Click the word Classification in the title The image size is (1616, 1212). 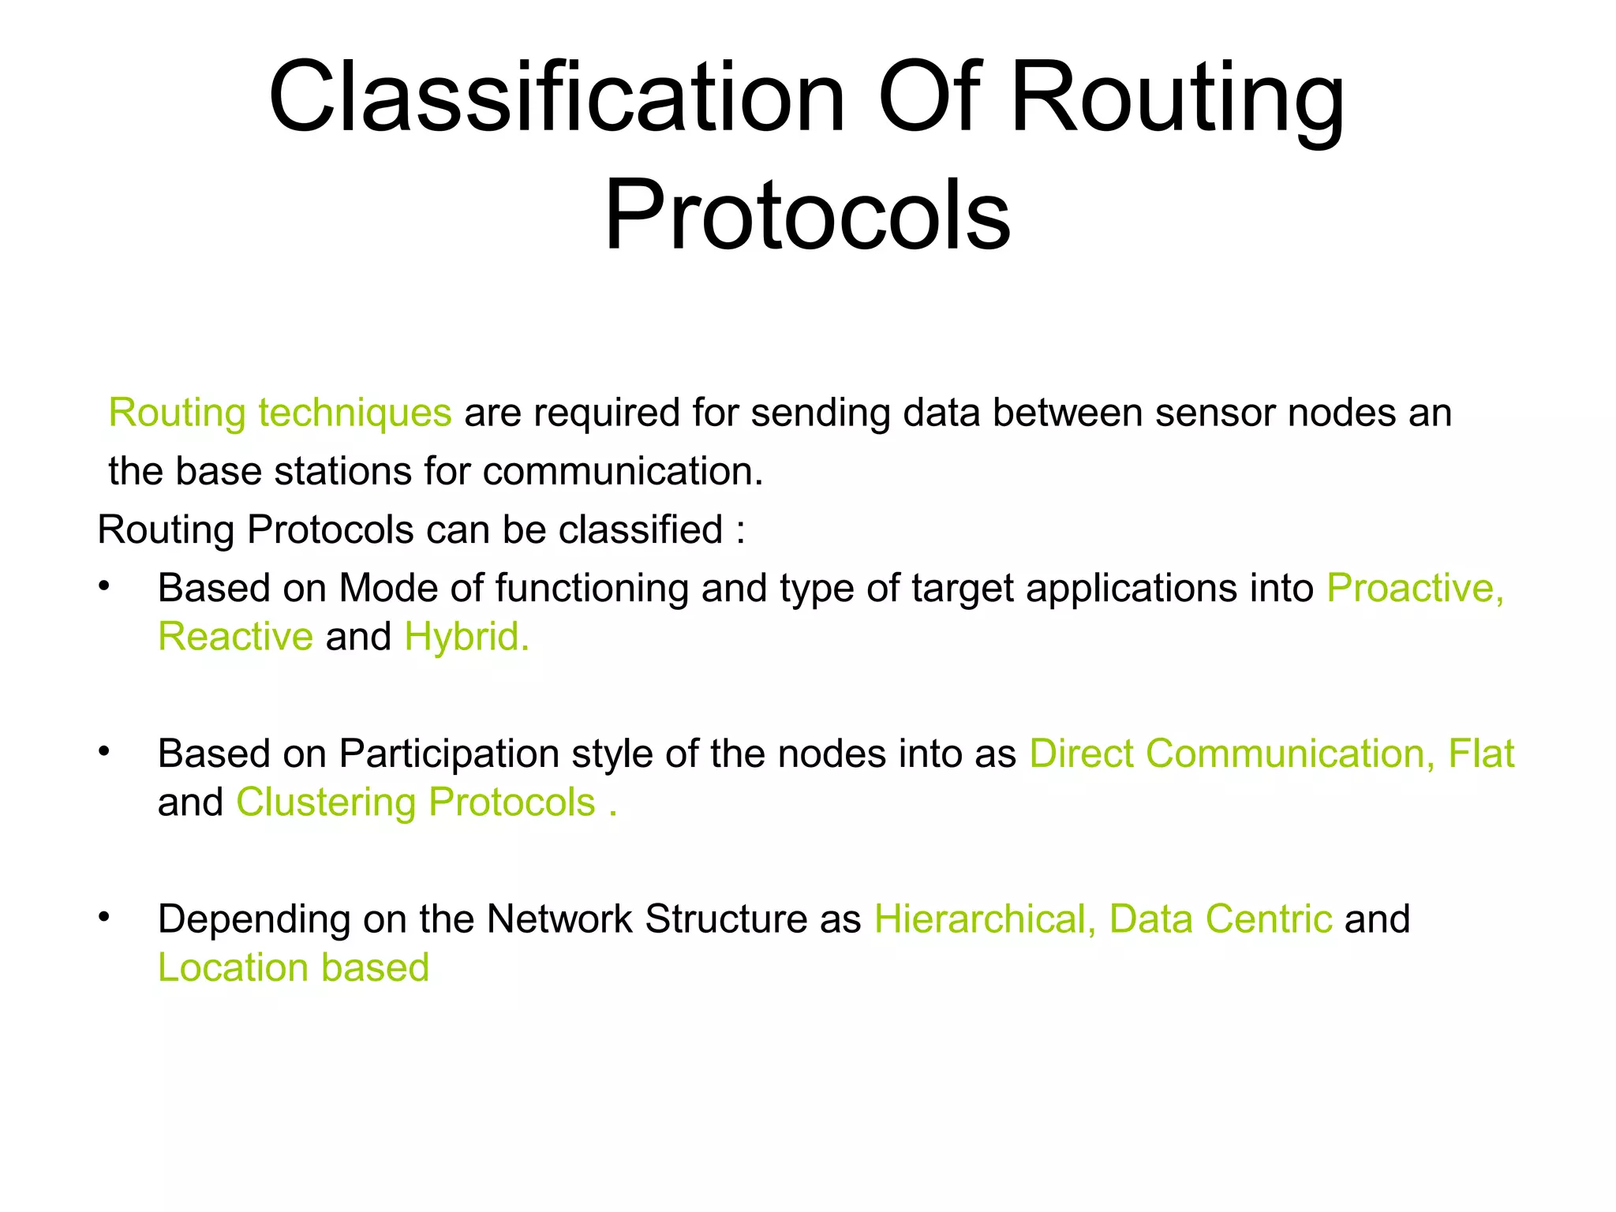click(x=557, y=99)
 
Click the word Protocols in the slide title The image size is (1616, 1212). click(x=807, y=215)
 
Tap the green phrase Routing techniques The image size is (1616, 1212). click(x=280, y=413)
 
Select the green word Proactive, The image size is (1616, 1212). click(x=1416, y=589)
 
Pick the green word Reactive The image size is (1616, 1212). click(x=235, y=637)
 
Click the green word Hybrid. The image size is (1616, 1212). click(x=466, y=637)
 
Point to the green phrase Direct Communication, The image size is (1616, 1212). click(x=1232, y=754)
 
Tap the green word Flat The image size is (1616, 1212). click(x=1481, y=754)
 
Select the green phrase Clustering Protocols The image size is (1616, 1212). click(x=416, y=803)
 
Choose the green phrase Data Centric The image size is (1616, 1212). click(x=1221, y=919)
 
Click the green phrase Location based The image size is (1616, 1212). click(x=294, y=968)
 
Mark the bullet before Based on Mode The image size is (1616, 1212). click(x=103, y=586)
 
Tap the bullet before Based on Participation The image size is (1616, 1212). click(x=103, y=752)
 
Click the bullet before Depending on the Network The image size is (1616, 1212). click(x=103, y=918)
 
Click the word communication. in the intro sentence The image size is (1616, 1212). click(x=623, y=472)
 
